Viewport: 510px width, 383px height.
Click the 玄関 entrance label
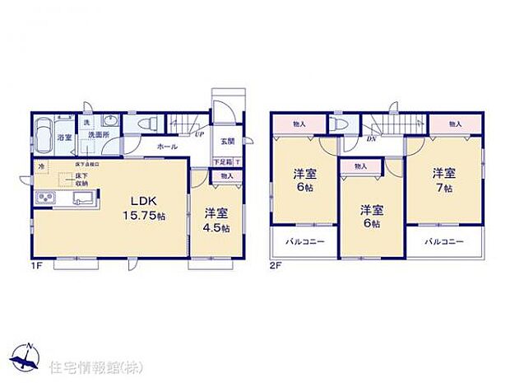[x=226, y=140]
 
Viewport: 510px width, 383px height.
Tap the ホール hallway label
[x=168, y=146]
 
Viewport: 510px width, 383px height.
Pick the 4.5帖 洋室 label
[x=216, y=220]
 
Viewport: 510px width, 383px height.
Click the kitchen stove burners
[x=44, y=199]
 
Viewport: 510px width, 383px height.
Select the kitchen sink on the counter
[x=82, y=198]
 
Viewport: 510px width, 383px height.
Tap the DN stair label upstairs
[x=373, y=138]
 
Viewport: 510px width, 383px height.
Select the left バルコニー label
[x=305, y=242]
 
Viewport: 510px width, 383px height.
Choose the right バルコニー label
[x=444, y=242]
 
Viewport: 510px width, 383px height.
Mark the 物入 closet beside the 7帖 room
[x=456, y=124]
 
